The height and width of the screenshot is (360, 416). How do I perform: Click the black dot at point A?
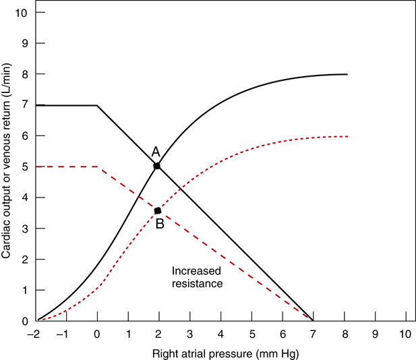(x=157, y=165)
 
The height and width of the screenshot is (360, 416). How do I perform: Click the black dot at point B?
(x=158, y=210)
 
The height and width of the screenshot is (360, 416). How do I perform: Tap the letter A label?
(x=155, y=151)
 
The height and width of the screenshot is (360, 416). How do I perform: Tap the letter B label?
(x=160, y=224)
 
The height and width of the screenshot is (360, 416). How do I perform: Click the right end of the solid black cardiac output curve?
(x=347, y=74)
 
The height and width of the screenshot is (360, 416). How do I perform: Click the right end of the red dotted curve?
(x=347, y=136)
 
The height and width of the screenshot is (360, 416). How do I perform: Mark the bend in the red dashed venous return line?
(x=99, y=167)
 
